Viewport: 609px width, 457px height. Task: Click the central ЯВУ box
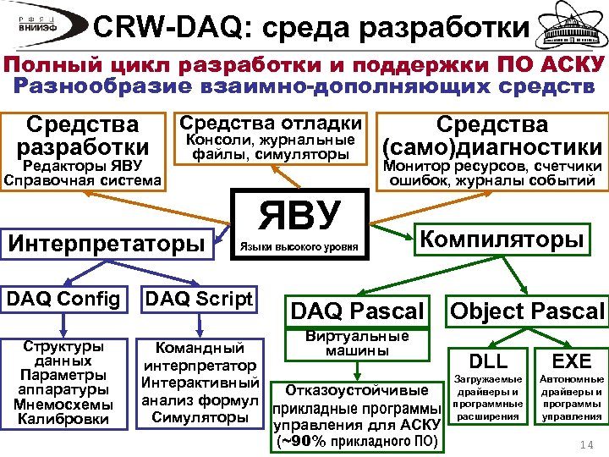coord(300,223)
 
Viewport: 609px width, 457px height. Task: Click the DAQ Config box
coord(65,298)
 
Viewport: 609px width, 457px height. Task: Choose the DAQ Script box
coord(199,298)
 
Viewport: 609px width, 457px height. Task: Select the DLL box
coord(488,360)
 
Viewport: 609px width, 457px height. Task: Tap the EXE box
coord(572,360)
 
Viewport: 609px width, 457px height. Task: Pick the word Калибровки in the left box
coord(64,418)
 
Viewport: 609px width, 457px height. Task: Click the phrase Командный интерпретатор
coord(200,357)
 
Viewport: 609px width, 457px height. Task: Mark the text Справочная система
coord(82,180)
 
